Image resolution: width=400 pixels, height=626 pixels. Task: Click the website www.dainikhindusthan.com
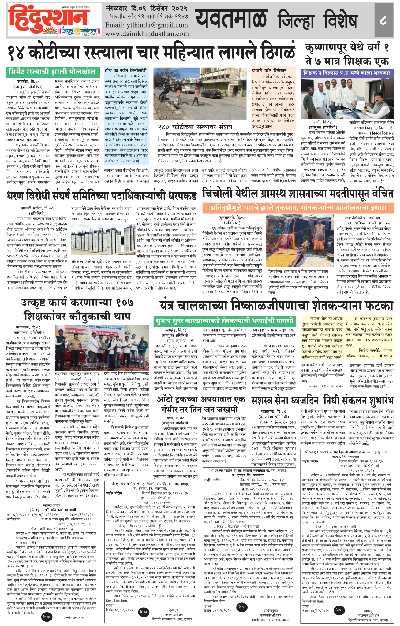coord(147,34)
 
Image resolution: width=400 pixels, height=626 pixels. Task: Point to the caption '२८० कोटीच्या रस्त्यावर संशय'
coord(195,127)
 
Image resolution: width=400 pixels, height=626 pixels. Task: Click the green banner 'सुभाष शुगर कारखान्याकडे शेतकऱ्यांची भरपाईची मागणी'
coord(225,321)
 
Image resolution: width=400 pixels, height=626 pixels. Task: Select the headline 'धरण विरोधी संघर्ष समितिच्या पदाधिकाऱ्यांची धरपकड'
coord(101,196)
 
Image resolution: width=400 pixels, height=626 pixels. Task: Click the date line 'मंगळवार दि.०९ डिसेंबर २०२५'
coord(146,8)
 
